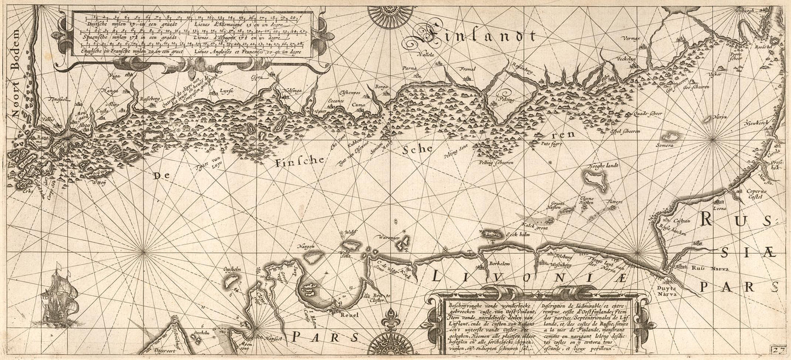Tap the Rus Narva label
[x=706, y=268]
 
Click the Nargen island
[x=313, y=256]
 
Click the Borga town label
[x=381, y=87]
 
